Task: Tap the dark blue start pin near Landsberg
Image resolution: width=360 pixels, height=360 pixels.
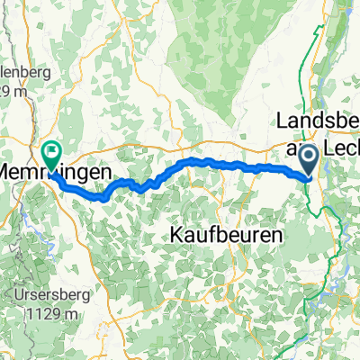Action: pos(308,158)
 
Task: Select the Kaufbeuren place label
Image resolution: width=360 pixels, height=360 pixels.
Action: pos(225,233)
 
